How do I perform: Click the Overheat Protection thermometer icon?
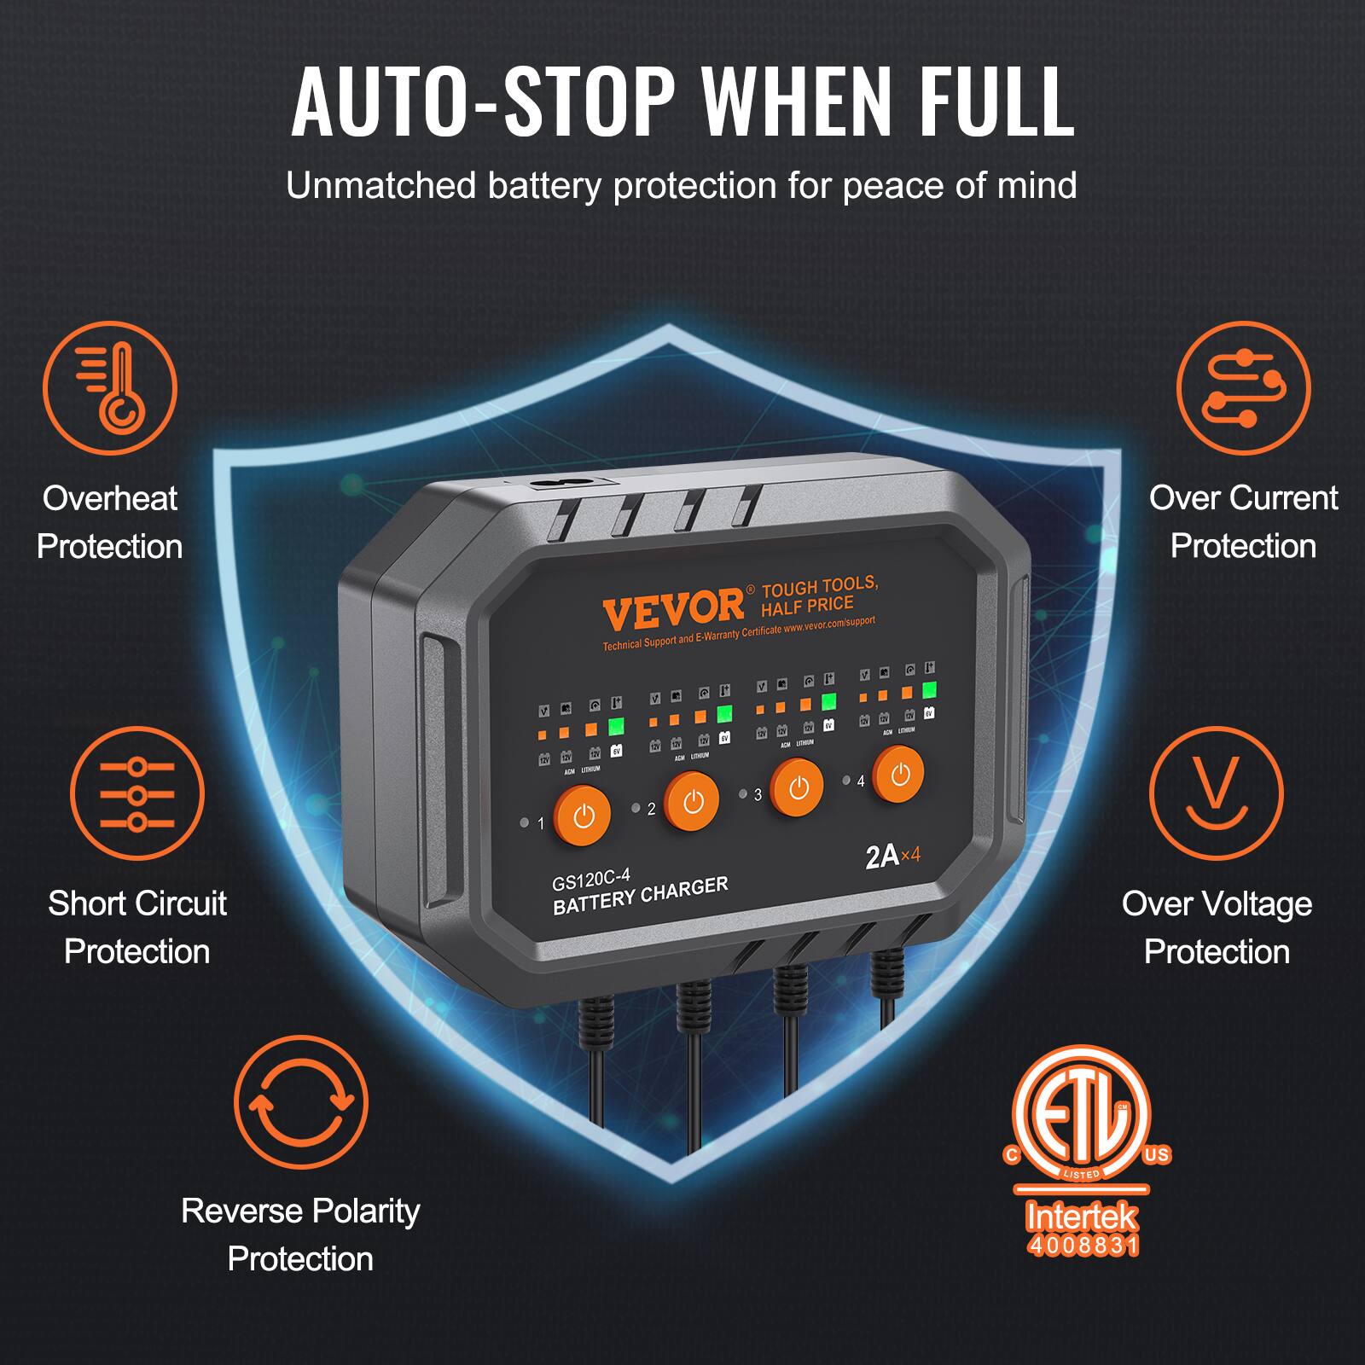tap(110, 388)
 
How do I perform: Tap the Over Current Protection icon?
tap(1243, 388)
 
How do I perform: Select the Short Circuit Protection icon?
tap(137, 793)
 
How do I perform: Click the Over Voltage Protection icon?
tap(1216, 793)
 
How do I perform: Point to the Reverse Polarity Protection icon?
tap(301, 1102)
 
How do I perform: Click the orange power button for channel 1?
tap(584, 815)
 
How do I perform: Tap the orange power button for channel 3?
tap(798, 787)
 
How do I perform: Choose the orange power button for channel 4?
tap(900, 775)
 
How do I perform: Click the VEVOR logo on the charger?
tap(674, 608)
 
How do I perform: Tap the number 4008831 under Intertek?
tap(1083, 1246)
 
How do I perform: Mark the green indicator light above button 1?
tap(616, 727)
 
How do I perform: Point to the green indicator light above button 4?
tap(929, 689)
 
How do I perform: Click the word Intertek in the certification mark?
tap(1081, 1215)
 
